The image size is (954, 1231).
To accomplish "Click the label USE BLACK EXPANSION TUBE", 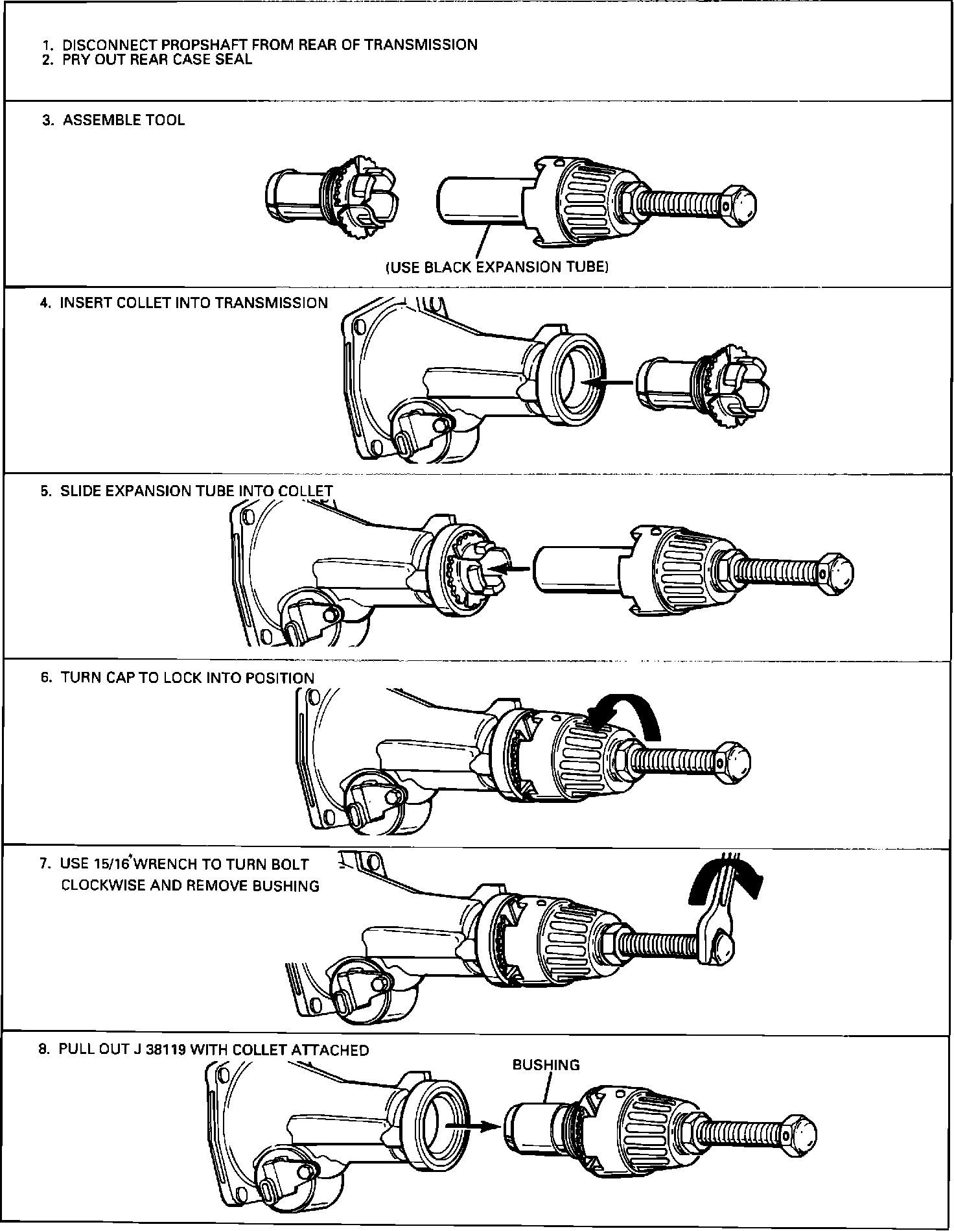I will [x=496, y=267].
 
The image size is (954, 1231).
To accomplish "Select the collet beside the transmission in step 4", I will [x=703, y=386].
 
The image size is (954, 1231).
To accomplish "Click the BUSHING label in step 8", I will [x=546, y=1065].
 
